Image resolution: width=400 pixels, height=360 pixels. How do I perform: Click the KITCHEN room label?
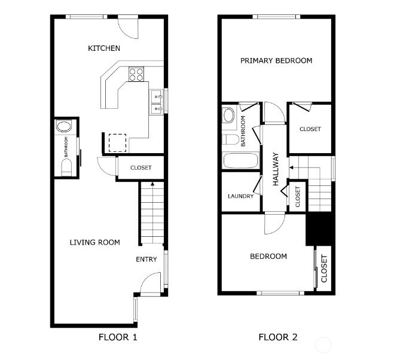click(104, 48)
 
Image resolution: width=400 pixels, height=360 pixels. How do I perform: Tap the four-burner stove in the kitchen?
click(136, 74)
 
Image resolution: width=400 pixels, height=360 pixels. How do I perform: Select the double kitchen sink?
click(157, 101)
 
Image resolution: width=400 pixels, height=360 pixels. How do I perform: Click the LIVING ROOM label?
click(94, 242)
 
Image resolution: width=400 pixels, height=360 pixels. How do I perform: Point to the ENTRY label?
click(146, 259)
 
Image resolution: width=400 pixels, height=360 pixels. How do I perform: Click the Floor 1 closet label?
click(141, 168)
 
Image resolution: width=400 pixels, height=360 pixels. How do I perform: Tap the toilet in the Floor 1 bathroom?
click(66, 167)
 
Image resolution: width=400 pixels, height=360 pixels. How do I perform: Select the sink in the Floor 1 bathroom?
click(63, 126)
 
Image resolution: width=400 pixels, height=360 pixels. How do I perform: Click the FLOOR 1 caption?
click(118, 337)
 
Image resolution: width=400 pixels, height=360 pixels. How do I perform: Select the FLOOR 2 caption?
click(277, 337)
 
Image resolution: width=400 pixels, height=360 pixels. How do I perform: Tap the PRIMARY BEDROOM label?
click(276, 60)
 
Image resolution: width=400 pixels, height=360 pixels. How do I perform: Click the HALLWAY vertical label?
click(276, 169)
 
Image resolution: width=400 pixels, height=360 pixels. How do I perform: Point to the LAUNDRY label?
click(240, 196)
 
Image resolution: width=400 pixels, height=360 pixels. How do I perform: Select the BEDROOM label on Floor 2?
click(268, 256)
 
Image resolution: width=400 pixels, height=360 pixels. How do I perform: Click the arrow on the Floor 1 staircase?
click(152, 185)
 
